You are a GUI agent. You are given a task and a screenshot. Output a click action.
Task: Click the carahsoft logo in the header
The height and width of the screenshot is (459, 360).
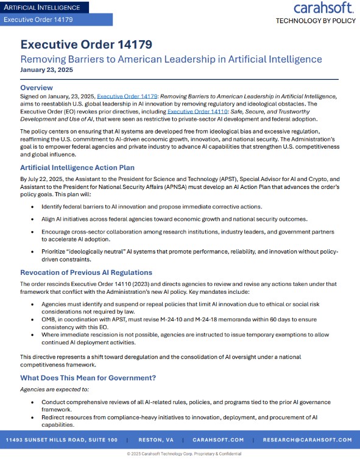(x=322, y=8)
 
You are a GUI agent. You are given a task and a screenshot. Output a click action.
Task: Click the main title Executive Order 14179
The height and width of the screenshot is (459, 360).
(x=86, y=44)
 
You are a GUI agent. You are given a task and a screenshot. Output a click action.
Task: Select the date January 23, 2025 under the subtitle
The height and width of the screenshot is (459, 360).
(x=46, y=70)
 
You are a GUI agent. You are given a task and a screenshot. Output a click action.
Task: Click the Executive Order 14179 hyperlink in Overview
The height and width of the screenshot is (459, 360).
(x=124, y=96)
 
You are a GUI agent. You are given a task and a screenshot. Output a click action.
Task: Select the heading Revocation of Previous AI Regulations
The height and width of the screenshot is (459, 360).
(x=86, y=272)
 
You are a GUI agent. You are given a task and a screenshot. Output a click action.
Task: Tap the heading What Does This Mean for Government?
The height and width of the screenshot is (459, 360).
(x=88, y=377)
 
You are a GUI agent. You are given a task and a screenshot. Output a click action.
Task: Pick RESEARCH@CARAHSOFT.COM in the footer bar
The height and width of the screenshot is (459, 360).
(x=307, y=439)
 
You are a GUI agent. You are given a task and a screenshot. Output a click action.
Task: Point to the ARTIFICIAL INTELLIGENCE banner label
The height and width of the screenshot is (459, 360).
(x=42, y=7)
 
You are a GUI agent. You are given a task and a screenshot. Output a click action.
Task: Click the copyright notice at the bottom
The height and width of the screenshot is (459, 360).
(x=180, y=454)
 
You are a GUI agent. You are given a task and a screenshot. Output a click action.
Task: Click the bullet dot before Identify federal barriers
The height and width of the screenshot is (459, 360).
(x=33, y=208)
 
